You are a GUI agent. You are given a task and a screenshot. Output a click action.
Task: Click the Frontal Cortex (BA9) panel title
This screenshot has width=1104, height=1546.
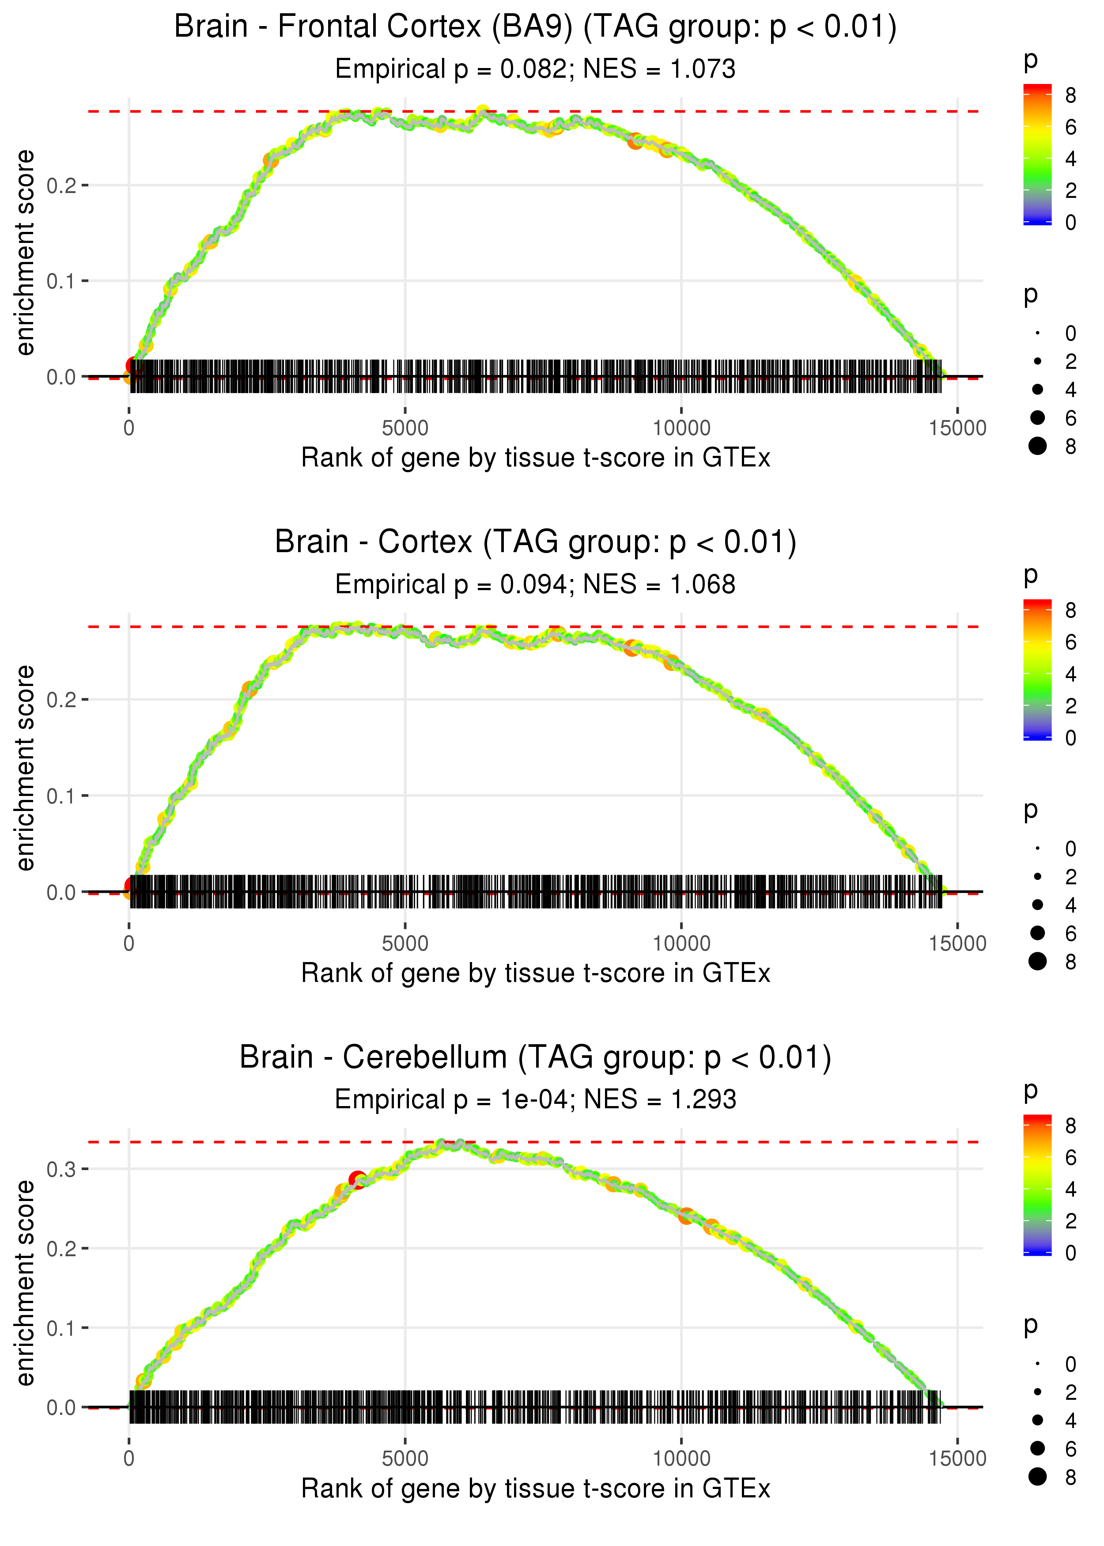coord(535,27)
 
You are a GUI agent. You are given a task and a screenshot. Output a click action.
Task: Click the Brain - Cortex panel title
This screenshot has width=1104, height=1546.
coord(535,542)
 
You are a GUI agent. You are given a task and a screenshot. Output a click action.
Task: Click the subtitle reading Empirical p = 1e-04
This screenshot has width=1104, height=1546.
coord(535,1100)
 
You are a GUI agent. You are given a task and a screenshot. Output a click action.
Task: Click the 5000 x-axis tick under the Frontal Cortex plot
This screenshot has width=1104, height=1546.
coord(405,428)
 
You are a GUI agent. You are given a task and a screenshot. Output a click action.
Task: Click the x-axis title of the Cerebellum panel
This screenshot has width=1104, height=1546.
coord(535,1489)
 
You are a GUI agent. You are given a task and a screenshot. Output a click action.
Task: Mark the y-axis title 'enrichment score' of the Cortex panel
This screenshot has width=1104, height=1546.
coord(25,768)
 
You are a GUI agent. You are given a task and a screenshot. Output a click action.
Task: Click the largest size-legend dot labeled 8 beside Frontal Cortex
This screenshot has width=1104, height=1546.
coord(1037,446)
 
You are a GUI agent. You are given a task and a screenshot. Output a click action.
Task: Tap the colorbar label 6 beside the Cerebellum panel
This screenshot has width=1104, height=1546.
coord(1071,1157)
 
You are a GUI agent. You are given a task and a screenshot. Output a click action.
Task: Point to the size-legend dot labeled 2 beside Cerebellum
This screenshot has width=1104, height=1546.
coord(1037,1392)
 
